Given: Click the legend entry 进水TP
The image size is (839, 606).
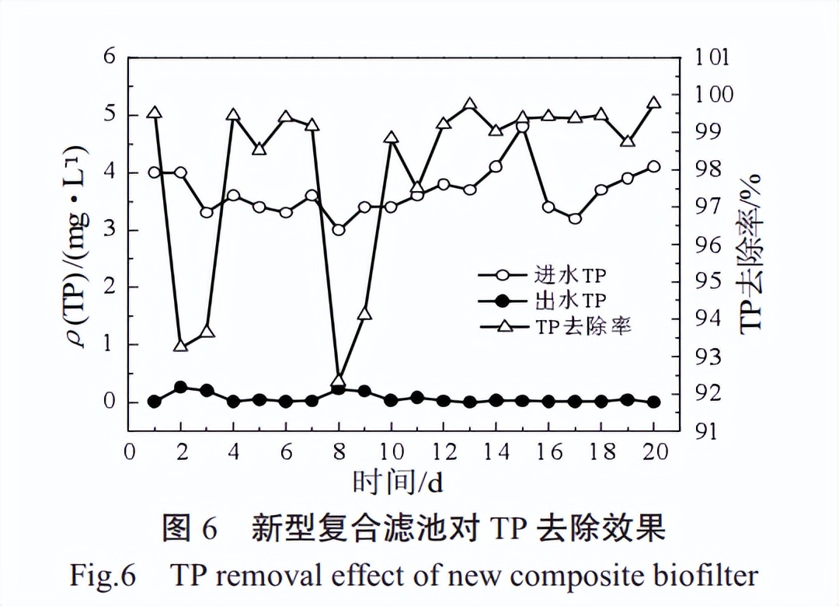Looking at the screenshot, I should pyautogui.click(x=569, y=275).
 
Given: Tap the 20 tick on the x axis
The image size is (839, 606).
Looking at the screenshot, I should pyautogui.click(x=653, y=452).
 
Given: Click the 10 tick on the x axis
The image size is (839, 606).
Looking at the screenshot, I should pyautogui.click(x=391, y=452).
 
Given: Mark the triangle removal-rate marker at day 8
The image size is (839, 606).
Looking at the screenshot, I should pyautogui.click(x=339, y=381).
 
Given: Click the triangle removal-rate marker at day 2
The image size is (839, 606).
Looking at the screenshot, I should pyautogui.click(x=181, y=345).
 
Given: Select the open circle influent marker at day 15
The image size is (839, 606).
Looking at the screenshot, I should pyautogui.click(x=522, y=127).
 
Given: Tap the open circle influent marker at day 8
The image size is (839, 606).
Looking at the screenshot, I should pyautogui.click(x=339, y=230).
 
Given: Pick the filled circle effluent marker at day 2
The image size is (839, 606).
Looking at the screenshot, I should pyautogui.click(x=181, y=387).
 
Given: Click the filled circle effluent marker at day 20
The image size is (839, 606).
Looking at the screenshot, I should pyautogui.click(x=653, y=402).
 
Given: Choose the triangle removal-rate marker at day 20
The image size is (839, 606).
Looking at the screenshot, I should pyautogui.click(x=653, y=103).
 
